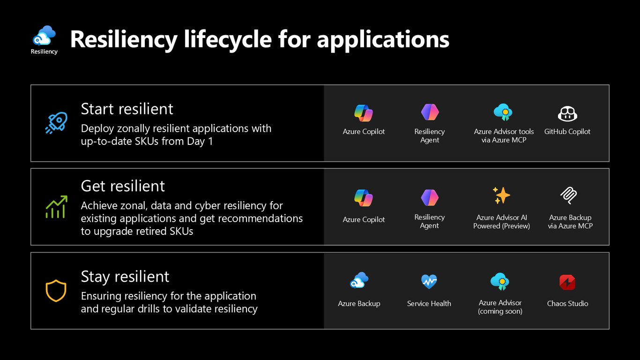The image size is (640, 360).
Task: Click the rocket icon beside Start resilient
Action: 56,123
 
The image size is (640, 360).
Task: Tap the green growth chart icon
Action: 57,207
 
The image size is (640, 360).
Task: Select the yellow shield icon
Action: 56,291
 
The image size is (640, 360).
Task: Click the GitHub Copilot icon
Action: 567,114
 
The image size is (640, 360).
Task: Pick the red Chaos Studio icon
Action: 567,282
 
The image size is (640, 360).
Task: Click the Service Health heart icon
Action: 429,282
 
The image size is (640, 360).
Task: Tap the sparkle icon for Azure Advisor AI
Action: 501,195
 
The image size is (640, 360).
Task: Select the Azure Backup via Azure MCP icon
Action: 569,195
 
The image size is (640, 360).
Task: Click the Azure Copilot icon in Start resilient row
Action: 364,113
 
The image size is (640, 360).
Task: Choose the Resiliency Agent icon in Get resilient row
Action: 430,197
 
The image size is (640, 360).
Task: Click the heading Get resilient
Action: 123,186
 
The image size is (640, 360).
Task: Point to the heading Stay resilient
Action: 125,277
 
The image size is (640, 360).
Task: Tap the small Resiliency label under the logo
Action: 44,52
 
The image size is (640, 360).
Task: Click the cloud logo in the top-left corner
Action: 44,36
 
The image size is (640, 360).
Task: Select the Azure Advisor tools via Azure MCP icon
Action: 503,112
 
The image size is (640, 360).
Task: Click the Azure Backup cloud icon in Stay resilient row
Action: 359,280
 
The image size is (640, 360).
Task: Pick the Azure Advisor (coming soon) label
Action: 500,307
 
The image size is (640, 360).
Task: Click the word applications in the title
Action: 383,40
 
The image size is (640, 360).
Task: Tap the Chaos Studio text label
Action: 567,304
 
